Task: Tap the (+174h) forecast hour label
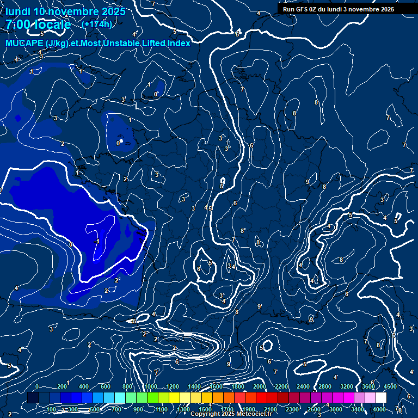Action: tap(97, 24)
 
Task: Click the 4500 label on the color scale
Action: tap(390, 386)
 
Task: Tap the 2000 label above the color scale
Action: tap(260, 386)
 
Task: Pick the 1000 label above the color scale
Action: tap(150, 386)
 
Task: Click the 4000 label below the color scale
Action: tap(379, 409)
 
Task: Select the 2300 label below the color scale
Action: tap(292, 409)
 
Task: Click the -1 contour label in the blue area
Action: tap(96, 241)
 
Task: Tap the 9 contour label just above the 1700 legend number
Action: tap(229, 364)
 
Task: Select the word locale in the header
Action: tap(52, 25)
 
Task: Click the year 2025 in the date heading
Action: tap(113, 11)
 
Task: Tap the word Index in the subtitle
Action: tap(179, 43)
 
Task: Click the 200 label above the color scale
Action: tap(62, 386)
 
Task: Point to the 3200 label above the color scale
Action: tap(346, 386)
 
